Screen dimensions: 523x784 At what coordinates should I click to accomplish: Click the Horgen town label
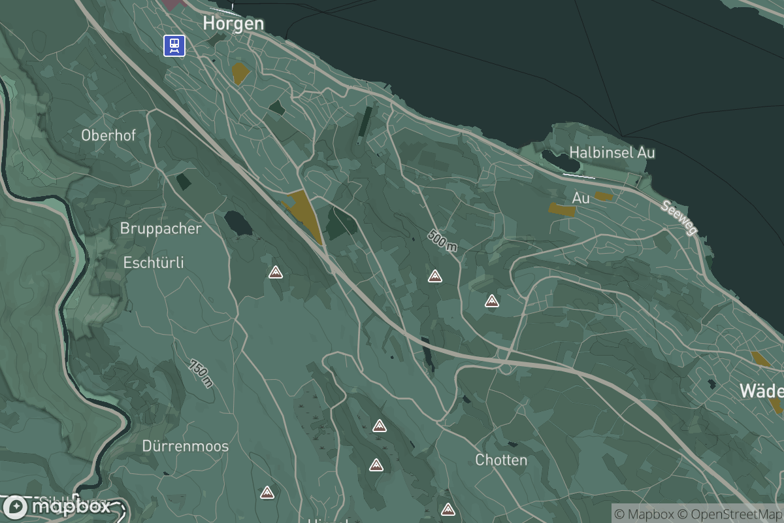click(x=233, y=24)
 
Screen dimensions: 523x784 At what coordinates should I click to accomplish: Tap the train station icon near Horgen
click(x=174, y=45)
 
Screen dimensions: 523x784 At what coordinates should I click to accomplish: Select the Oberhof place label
click(x=108, y=135)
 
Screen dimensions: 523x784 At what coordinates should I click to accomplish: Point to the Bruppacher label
click(x=161, y=229)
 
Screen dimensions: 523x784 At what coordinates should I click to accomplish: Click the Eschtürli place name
click(x=154, y=263)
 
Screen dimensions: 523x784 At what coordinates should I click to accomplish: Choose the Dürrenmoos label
click(x=186, y=447)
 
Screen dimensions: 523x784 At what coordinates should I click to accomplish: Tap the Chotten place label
click(x=501, y=460)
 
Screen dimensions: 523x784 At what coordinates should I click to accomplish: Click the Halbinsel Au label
click(x=612, y=152)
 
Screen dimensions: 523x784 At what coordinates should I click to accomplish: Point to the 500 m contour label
click(x=443, y=241)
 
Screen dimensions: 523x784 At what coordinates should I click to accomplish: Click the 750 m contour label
click(x=201, y=373)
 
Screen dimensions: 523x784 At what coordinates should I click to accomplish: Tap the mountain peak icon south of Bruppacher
click(x=276, y=272)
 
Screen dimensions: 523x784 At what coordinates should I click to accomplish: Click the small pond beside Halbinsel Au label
click(x=554, y=157)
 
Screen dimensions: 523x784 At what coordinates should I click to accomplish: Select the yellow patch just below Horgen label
click(x=240, y=73)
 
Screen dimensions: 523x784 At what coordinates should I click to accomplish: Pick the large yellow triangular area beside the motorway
click(x=305, y=213)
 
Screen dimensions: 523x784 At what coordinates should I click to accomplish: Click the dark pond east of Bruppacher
click(x=238, y=223)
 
